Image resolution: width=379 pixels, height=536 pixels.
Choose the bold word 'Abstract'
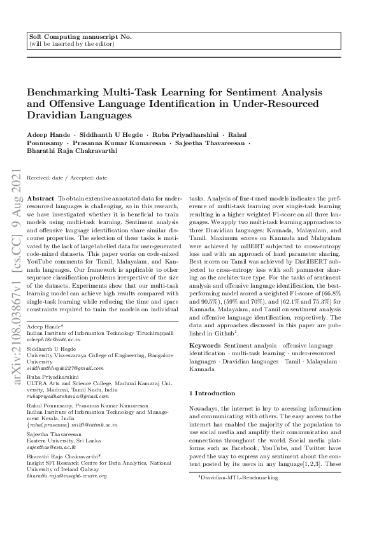coord(41,199)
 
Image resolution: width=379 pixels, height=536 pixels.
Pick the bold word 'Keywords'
coord(206,344)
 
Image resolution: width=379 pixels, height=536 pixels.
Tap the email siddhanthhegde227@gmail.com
coord(64,369)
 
